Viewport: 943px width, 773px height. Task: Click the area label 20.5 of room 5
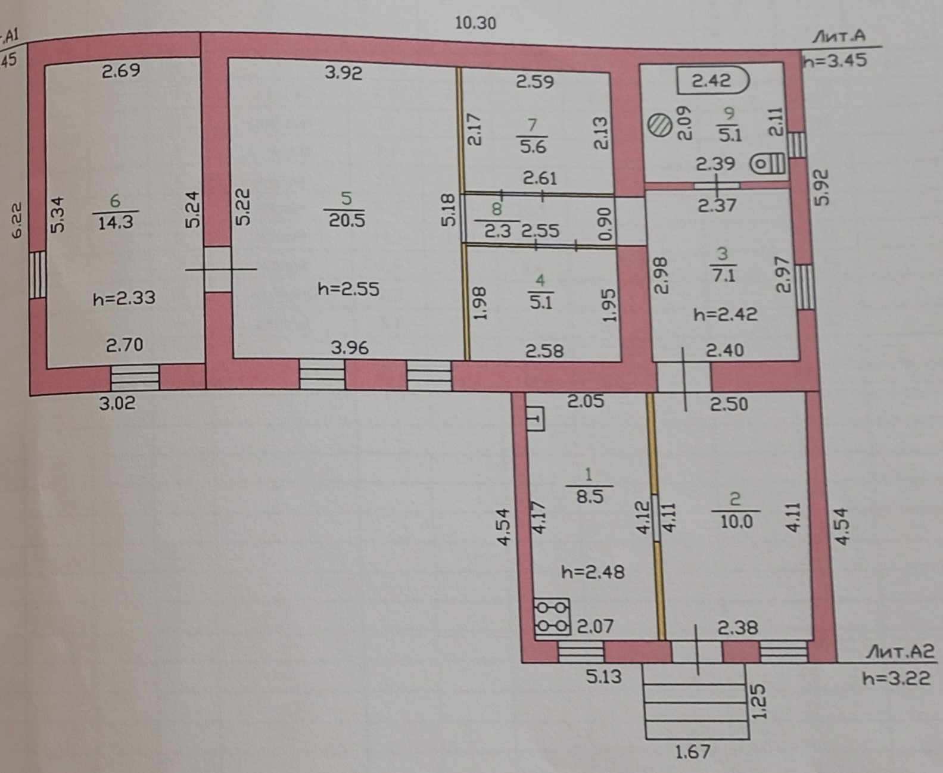[347, 220]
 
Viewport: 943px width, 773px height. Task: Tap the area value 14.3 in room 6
[116, 223]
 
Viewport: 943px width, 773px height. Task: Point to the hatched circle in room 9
[660, 126]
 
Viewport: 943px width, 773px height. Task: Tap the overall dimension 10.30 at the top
[475, 23]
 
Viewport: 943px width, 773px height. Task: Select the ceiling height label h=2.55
[348, 289]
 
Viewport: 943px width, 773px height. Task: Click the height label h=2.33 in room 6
[124, 297]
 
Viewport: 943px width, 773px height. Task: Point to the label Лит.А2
[900, 652]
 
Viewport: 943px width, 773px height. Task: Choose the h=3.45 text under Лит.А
[835, 60]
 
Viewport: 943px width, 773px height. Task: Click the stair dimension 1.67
[693, 752]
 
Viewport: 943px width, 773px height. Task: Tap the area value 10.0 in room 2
[736, 522]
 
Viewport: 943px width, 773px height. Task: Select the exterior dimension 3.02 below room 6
[117, 403]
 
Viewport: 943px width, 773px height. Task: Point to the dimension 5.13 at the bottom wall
[603, 677]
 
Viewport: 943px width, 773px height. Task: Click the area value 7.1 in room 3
[723, 276]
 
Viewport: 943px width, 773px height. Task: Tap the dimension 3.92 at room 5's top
[344, 73]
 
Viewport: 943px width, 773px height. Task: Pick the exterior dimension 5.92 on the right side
[821, 188]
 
